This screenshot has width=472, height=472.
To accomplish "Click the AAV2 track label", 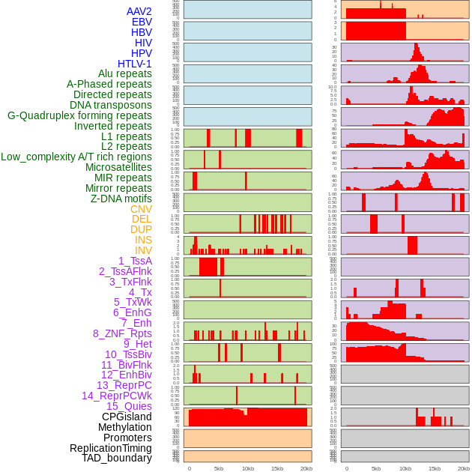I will point(139,11).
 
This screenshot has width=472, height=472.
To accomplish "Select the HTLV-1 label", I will point(134,64).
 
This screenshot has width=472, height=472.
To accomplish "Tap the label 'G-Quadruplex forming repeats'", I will point(79,115).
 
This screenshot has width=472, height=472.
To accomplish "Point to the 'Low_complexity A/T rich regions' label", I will point(76,157).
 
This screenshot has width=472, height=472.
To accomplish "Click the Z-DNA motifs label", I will point(121,199).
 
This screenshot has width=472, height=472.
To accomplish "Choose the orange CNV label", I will point(141,209).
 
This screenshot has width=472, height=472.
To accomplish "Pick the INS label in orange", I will point(142,240).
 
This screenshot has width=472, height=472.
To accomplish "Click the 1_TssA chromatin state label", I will point(135,261).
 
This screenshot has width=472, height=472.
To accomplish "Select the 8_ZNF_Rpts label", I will point(122,333).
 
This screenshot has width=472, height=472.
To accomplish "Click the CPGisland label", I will point(127,417).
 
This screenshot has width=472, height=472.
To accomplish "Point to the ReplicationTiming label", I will point(110,448).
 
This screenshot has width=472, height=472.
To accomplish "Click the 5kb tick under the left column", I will point(219,468).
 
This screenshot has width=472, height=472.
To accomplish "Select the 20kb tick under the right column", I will point(464,468).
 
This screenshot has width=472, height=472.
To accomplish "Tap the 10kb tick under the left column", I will point(248,468).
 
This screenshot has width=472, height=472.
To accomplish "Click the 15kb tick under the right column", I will point(435,468).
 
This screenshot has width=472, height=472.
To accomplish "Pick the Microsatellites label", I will point(118,167).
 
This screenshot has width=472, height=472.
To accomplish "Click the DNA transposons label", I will point(111,105).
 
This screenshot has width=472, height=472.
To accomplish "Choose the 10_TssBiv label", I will point(128,354).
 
